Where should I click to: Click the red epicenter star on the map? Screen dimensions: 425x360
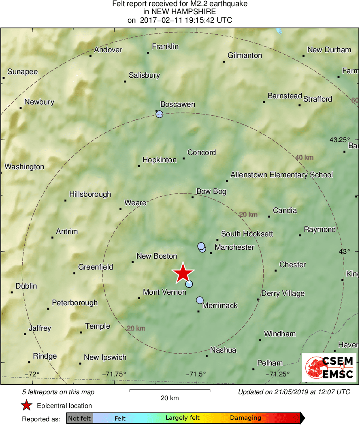pos(183,273)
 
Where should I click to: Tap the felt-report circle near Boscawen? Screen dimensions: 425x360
pos(160,114)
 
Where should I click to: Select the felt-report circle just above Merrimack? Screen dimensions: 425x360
pos(200,300)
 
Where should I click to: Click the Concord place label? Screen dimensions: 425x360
pos(202,153)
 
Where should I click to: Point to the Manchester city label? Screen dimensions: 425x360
pos(234,247)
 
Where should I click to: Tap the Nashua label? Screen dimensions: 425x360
pos(223,350)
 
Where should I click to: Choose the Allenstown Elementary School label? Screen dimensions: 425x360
pos(281,175)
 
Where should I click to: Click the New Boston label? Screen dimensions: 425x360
pos(157,256)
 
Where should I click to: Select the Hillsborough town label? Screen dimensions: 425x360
pos(90,194)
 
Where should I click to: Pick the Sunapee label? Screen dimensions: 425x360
pos(22,72)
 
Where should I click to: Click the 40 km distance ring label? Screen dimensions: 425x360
pos(304,157)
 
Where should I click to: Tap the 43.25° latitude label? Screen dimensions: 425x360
pos(339,140)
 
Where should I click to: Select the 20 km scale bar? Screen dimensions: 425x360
pos(170,391)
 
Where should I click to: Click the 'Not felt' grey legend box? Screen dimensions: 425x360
pos(79,418)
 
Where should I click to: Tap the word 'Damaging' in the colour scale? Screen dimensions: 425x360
pos(246,418)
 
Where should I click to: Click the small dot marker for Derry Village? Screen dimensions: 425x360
pos(258,300)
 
